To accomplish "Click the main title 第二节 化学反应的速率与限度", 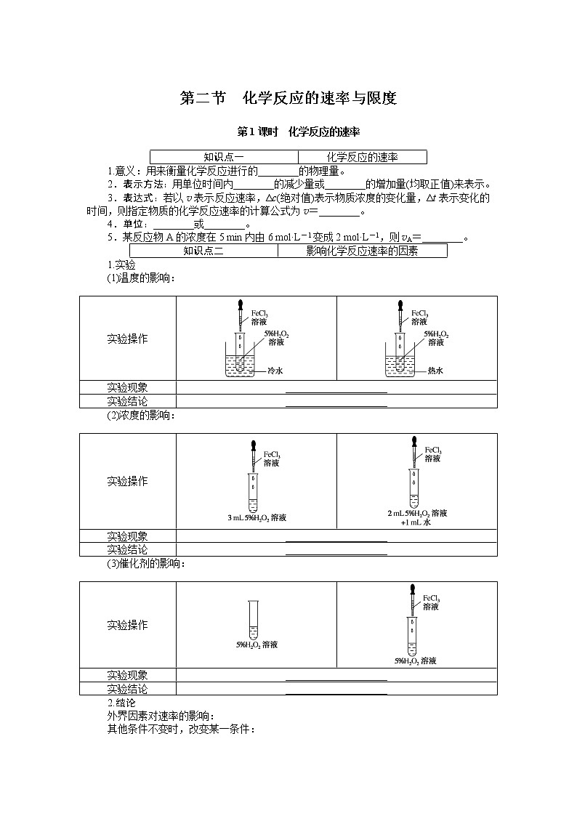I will pyautogui.click(x=288, y=99).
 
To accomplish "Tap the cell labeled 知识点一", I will pyautogui.click(x=223, y=157).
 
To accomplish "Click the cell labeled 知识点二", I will pyautogui.click(x=203, y=251).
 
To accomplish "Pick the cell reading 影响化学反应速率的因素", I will pyautogui.click(x=362, y=251).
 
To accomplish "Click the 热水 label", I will pyautogui.click(x=435, y=370).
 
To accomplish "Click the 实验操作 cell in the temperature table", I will pyautogui.click(x=127, y=339).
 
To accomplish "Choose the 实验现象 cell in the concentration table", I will pyautogui.click(x=127, y=536).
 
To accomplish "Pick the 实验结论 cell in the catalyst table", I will pyautogui.click(x=127, y=688).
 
